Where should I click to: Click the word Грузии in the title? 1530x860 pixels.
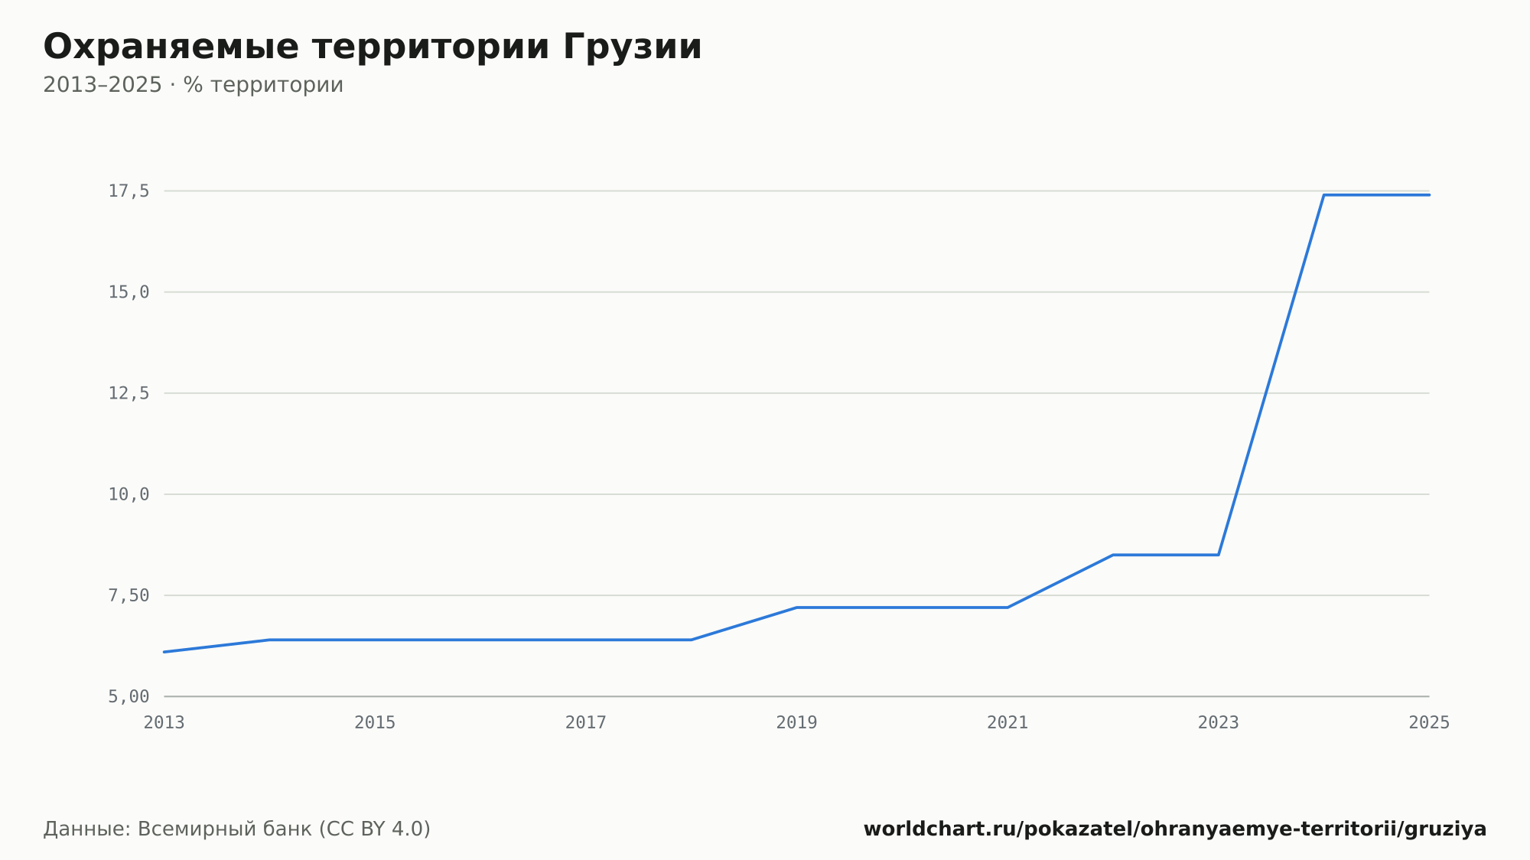click(632, 47)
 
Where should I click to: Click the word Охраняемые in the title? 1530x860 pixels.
click(171, 47)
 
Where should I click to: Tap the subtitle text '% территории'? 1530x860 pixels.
click(263, 85)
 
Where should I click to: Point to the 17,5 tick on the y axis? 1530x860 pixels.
click(129, 191)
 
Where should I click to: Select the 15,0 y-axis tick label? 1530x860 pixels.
click(129, 292)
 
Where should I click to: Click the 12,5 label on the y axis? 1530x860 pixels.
click(129, 393)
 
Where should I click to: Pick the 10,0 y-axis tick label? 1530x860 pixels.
click(129, 494)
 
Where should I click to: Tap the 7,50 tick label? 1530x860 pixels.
click(129, 595)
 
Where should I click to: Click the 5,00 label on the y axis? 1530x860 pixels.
click(129, 696)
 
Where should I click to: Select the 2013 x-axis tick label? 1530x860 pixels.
click(164, 723)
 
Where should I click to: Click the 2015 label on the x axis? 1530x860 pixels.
click(375, 723)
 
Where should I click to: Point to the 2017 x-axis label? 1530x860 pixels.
click(586, 723)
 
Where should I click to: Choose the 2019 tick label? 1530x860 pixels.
click(797, 723)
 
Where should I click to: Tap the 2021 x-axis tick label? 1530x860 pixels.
click(1008, 723)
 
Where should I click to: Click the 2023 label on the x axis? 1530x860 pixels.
click(1219, 723)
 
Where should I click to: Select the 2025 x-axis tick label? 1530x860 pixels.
click(1429, 723)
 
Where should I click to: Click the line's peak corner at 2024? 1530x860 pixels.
click(1324, 195)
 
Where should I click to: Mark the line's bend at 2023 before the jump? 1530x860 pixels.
click(1219, 555)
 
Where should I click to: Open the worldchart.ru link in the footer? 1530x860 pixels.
click(1175, 829)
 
